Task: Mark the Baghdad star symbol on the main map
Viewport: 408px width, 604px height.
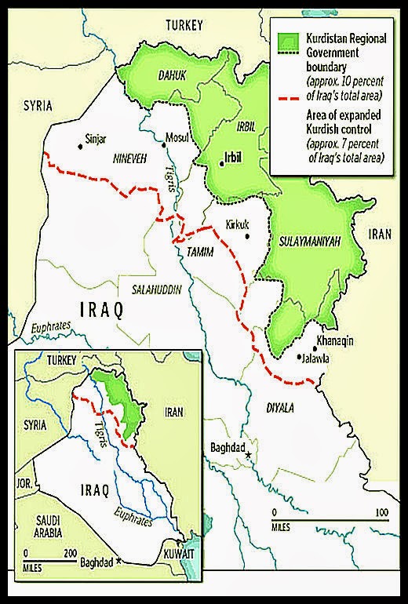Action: coord(249,456)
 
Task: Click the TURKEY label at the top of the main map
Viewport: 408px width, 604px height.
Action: coord(184,26)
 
